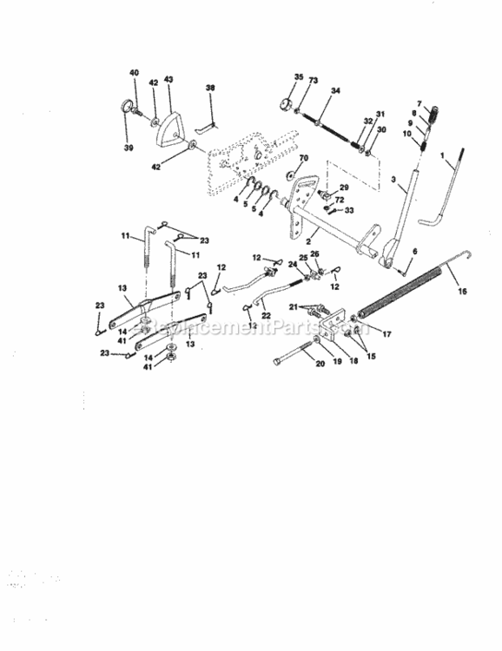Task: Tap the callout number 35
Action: pyautogui.click(x=298, y=77)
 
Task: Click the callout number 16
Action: pyautogui.click(x=461, y=292)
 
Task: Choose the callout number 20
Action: pyautogui.click(x=320, y=365)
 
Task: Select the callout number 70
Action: pyautogui.click(x=303, y=159)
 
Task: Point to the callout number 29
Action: pyautogui.click(x=343, y=187)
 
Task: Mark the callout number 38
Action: pyautogui.click(x=209, y=88)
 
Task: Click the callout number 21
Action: pyautogui.click(x=294, y=305)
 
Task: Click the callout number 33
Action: pyautogui.click(x=350, y=210)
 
